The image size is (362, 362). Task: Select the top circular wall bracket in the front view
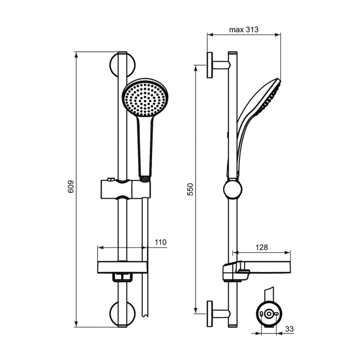[x=123, y=66]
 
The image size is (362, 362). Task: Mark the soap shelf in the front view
[x=124, y=267]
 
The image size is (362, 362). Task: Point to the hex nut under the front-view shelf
[x=123, y=277]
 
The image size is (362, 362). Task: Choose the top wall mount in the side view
[x=217, y=66]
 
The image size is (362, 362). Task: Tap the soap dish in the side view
[x=256, y=268]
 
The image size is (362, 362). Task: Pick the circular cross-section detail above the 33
[x=269, y=315]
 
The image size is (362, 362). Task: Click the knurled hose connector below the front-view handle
[x=145, y=177]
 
